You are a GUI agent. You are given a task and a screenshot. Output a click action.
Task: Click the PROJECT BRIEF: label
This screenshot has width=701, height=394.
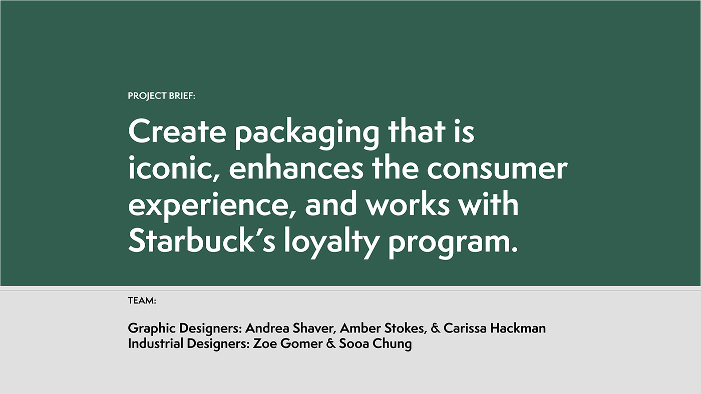tap(161, 96)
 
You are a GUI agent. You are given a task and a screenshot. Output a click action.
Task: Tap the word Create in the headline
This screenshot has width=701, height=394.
tap(177, 131)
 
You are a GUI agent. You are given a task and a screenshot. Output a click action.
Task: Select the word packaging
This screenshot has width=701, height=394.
tap(307, 133)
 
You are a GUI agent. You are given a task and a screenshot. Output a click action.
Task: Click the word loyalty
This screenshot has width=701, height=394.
tap(331, 243)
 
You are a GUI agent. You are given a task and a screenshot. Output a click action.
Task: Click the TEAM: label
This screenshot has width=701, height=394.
tap(142, 300)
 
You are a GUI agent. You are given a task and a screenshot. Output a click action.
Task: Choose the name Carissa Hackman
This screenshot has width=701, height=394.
tap(495, 328)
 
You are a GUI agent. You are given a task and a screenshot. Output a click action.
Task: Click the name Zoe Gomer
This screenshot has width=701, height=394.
tap(287, 343)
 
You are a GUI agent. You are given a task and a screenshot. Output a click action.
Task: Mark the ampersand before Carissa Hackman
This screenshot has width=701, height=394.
tap(435, 328)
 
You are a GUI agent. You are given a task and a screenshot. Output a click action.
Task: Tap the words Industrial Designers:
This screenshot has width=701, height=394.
tap(189, 343)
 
